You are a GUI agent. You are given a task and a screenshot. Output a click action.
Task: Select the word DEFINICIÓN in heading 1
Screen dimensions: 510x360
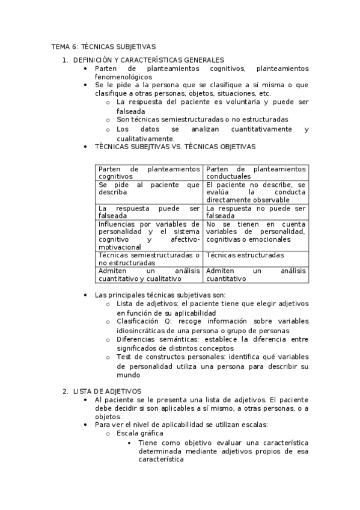[x=92, y=60]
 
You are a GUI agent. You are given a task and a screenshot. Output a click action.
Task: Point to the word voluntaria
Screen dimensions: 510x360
[x=233, y=103]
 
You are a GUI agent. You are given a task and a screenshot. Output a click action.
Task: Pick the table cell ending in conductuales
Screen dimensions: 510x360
[x=255, y=173]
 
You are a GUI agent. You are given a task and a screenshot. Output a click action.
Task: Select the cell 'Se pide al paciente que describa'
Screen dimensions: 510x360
[x=149, y=189]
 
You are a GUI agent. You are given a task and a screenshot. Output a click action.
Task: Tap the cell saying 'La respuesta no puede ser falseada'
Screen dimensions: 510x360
[x=255, y=212]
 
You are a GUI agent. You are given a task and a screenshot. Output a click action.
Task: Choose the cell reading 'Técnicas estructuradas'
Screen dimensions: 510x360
[x=245, y=255]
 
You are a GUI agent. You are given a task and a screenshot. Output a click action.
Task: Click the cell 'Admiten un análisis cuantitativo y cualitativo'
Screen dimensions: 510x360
[x=149, y=275]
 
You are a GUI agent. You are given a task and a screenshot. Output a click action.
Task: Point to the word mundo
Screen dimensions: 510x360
[x=128, y=375]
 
